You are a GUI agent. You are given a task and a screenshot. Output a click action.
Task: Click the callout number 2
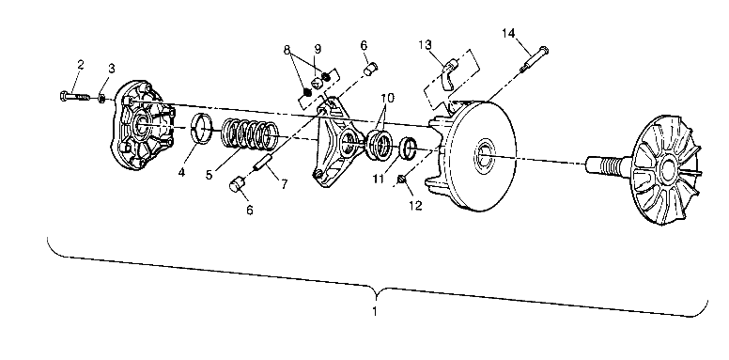[81, 65]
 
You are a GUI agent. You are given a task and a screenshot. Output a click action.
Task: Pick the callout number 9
[318, 48]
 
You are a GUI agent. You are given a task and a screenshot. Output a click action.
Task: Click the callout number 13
[426, 44]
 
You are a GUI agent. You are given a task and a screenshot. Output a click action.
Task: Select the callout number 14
[508, 34]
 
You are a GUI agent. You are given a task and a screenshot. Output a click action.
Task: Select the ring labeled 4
[199, 127]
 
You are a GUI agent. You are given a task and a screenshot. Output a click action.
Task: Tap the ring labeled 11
[409, 149]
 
